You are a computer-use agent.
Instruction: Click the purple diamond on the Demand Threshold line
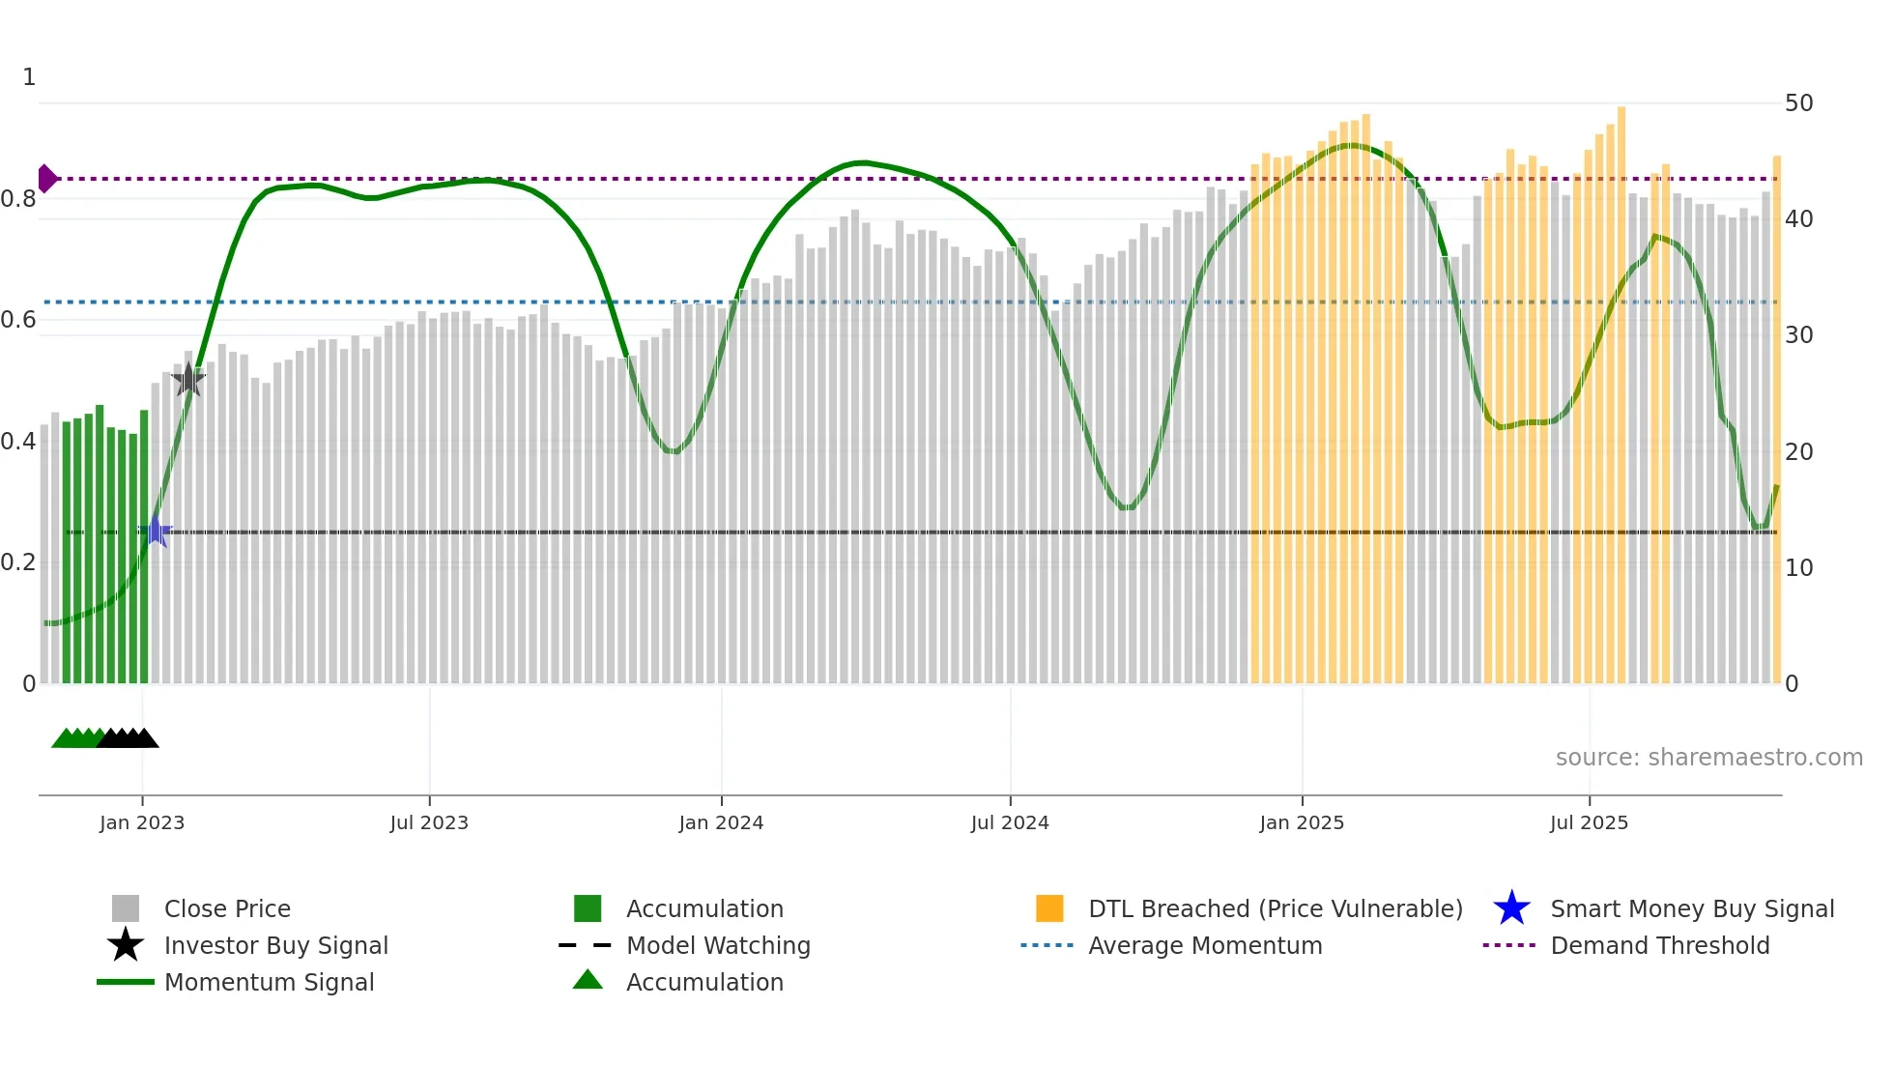46,179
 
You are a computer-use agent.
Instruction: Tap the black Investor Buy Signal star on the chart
188,380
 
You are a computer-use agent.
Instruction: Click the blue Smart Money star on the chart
156,532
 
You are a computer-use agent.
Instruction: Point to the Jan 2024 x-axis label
721,822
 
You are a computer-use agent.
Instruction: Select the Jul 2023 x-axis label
429,822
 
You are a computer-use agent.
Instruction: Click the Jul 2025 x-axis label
1589,822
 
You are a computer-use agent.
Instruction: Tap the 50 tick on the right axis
1798,103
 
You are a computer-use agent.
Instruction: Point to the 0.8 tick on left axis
19,199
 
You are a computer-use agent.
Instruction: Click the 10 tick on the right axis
1798,568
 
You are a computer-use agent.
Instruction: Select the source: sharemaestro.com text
1708,757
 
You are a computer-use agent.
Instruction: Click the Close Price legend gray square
126,908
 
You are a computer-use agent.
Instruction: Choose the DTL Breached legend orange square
1049,908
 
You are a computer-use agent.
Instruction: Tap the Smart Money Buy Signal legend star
1511,908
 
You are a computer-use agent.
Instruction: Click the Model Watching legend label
718,945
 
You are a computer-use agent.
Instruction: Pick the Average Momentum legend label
1205,945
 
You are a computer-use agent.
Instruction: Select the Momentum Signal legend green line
126,982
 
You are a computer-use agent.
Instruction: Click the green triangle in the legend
588,980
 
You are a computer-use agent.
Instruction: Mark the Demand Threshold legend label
1659,945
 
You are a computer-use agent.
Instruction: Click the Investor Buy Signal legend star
126,945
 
